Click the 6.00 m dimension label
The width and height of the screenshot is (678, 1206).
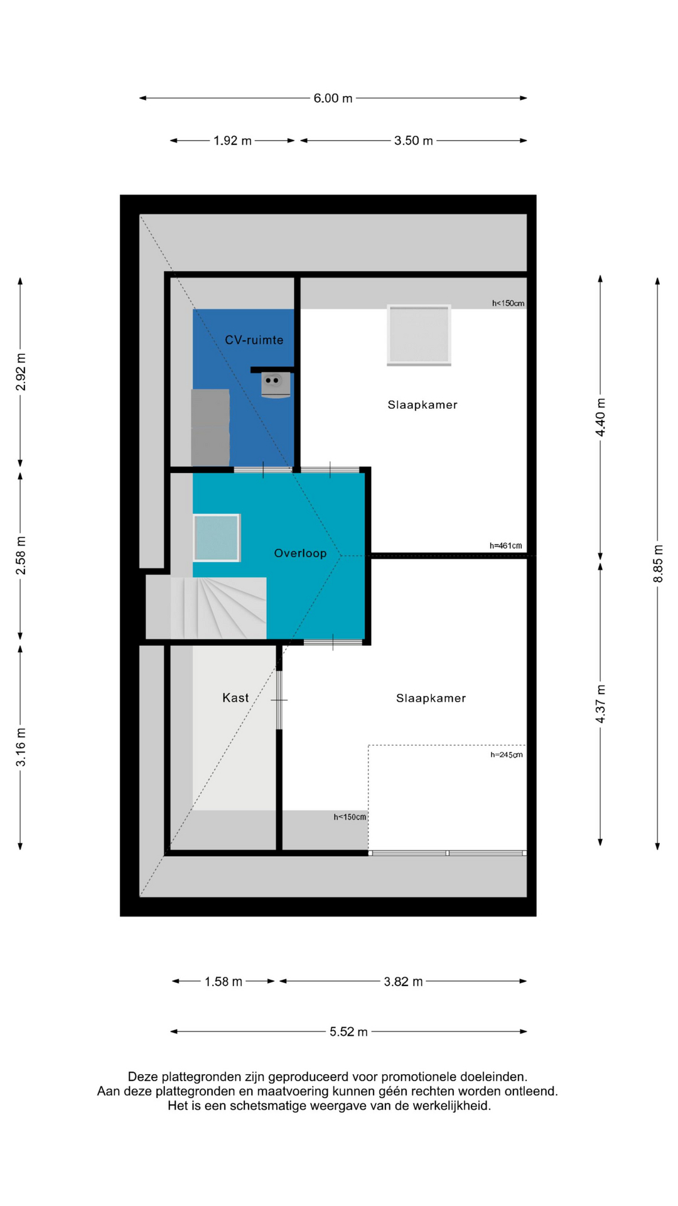pyautogui.click(x=333, y=98)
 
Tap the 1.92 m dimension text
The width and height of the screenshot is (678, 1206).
pyautogui.click(x=232, y=141)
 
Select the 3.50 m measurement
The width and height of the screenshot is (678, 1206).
pyautogui.click(x=413, y=141)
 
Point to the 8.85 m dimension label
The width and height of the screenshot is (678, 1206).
pyautogui.click(x=658, y=563)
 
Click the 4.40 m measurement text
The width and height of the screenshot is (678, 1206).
pyautogui.click(x=601, y=417)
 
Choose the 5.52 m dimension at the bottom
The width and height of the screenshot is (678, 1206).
pyautogui.click(x=348, y=1031)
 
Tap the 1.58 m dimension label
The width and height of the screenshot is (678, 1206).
pyautogui.click(x=223, y=981)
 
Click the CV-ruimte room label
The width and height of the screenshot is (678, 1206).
pyautogui.click(x=254, y=340)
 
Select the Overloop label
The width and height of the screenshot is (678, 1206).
pyautogui.click(x=300, y=553)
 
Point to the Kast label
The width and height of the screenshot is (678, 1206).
pyautogui.click(x=235, y=698)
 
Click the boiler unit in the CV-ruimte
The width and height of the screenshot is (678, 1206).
pyautogui.click(x=276, y=384)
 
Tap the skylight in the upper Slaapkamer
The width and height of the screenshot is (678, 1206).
pyautogui.click(x=419, y=335)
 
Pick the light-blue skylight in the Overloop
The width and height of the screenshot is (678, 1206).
pyautogui.click(x=217, y=538)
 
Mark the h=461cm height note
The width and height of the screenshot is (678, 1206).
pyautogui.click(x=505, y=546)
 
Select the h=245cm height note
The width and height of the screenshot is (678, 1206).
pyautogui.click(x=507, y=755)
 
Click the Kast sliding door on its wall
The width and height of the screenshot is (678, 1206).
pyautogui.click(x=279, y=700)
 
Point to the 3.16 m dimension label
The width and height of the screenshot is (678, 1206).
pyautogui.click(x=21, y=747)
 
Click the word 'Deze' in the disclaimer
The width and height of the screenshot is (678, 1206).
pyautogui.click(x=142, y=1077)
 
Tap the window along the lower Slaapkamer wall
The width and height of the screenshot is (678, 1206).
pyautogui.click(x=447, y=853)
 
